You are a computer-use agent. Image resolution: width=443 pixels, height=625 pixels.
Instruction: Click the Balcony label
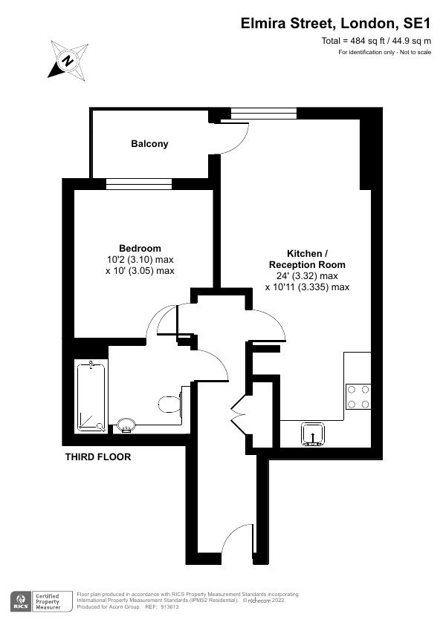[149, 144]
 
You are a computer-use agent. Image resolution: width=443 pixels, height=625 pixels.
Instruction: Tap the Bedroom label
[140, 249]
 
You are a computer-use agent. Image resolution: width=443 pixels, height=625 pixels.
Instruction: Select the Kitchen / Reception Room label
[307, 259]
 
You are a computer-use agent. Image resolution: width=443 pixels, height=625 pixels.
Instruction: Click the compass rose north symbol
[68, 61]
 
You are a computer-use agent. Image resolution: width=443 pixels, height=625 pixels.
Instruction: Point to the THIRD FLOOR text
[98, 457]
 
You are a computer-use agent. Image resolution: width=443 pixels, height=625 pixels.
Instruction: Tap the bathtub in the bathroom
[91, 396]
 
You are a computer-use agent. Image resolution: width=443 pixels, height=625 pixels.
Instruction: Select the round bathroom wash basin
[126, 425]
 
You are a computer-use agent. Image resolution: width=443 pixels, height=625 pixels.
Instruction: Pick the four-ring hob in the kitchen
[358, 396]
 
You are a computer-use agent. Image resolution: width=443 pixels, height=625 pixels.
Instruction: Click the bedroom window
[139, 184]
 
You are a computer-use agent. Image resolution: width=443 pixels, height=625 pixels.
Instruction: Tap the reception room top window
[264, 114]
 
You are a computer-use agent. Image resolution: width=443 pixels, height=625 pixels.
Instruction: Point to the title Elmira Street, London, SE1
[336, 24]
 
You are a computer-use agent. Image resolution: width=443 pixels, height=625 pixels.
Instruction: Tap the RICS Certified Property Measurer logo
[42, 601]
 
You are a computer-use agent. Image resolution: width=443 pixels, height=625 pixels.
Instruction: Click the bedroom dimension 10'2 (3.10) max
[140, 260]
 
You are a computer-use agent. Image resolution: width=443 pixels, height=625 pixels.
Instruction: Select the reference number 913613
[170, 607]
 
